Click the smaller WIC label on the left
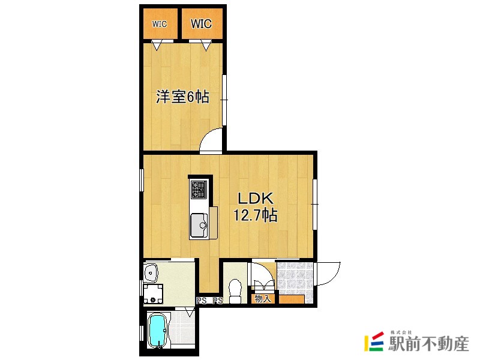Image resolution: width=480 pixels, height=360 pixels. point(160,24)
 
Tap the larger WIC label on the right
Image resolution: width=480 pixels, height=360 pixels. point(201,23)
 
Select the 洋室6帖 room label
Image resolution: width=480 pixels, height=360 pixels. point(183,97)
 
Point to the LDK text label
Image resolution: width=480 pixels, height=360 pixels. point(256,199)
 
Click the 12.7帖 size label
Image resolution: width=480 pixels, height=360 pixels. point(256,215)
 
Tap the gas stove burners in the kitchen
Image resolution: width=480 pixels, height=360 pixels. point(199,190)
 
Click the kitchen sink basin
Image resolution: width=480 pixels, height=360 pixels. point(199,226)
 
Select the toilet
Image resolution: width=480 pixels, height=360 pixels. point(235,291)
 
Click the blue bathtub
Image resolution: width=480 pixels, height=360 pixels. point(158,331)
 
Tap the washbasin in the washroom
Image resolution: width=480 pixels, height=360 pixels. point(151,273)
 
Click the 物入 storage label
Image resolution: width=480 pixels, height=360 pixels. point(263,298)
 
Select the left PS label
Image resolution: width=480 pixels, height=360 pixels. point(201,301)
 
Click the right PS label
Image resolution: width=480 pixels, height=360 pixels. point(218,301)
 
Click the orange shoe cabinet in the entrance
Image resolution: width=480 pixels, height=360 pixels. point(292,299)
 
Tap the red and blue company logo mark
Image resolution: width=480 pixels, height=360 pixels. point(374,341)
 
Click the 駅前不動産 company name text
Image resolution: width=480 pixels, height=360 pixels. point(428,344)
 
